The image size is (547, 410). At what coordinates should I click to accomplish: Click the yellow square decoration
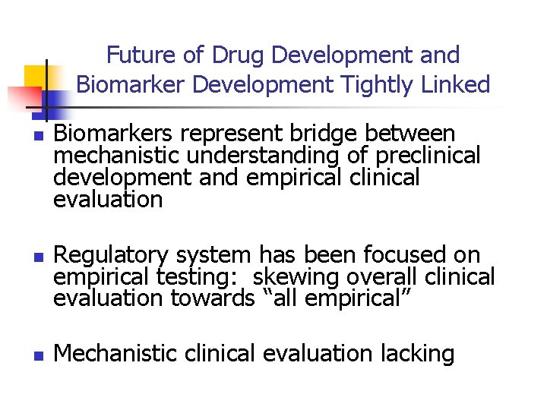(x=36, y=77)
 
